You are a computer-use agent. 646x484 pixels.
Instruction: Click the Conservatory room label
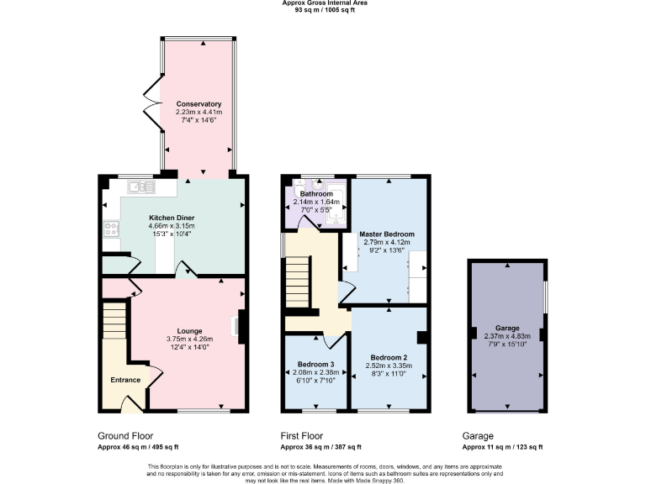pyautogui.click(x=199, y=103)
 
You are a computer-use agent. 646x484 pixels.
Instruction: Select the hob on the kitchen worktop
pyautogui.click(x=110, y=227)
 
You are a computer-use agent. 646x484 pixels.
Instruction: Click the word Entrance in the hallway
pyautogui.click(x=126, y=380)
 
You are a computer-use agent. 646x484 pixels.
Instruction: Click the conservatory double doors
pyautogui.click(x=151, y=100)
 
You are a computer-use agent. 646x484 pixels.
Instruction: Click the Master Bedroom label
pyautogui.click(x=386, y=234)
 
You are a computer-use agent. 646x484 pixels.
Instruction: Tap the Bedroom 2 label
pyautogui.click(x=387, y=357)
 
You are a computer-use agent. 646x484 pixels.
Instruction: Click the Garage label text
pyautogui.click(x=506, y=328)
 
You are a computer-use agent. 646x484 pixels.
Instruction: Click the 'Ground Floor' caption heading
pyautogui.click(x=124, y=437)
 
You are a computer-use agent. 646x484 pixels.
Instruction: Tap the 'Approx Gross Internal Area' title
pyautogui.click(x=324, y=3)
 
